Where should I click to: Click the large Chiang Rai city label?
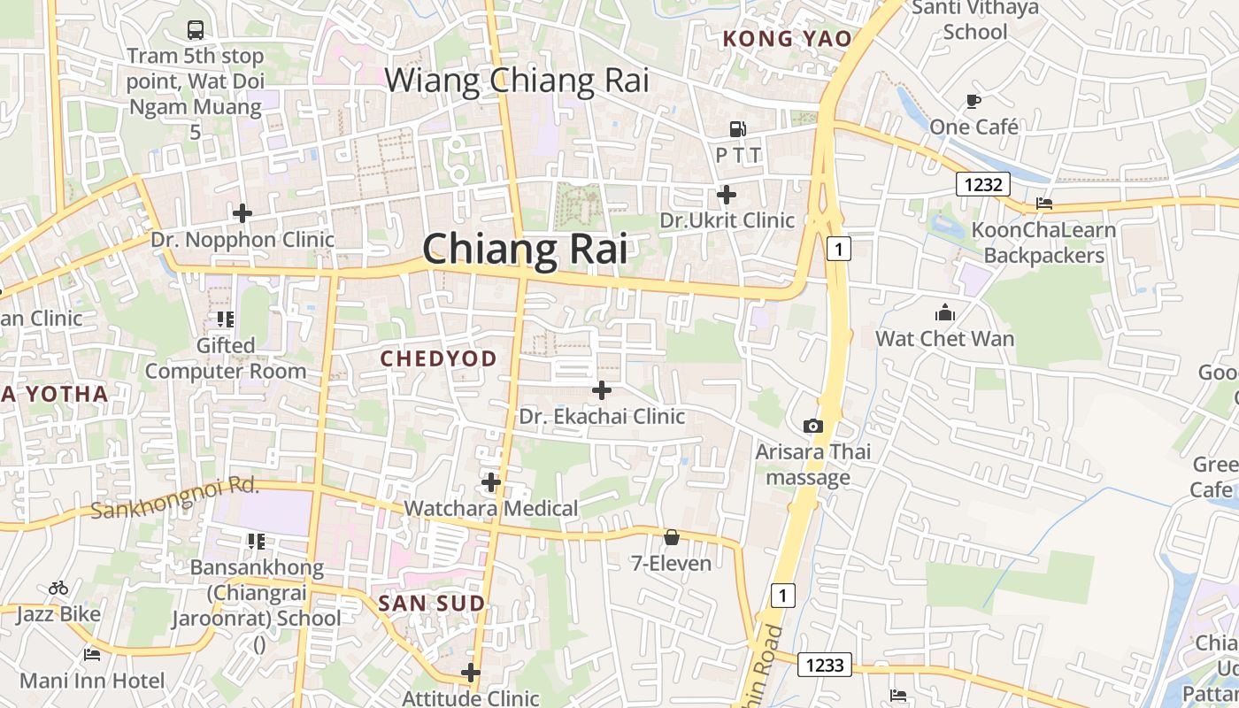pos(525,249)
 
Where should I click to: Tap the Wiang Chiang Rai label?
pos(517,81)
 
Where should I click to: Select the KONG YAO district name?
pos(787,38)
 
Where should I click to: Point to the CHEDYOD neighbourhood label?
pos(438,358)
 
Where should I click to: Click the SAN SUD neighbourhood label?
pos(432,604)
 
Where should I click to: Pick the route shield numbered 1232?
pos(983,184)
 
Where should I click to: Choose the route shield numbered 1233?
pos(825,665)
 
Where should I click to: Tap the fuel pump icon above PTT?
pos(737,129)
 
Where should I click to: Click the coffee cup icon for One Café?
pos(973,101)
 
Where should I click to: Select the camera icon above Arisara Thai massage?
pos(812,427)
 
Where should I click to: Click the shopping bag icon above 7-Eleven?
pos(672,537)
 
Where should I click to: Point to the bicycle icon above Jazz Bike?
pos(58,588)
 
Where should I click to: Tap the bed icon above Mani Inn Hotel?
pos(92,655)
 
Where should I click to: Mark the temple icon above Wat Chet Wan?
pos(945,312)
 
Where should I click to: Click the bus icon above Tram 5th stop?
pos(196,30)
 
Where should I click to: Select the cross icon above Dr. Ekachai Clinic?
pos(602,389)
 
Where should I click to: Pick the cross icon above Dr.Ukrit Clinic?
pos(727,194)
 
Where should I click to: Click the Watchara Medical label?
pos(490,508)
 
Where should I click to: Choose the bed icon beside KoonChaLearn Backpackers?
pos(1044,204)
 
